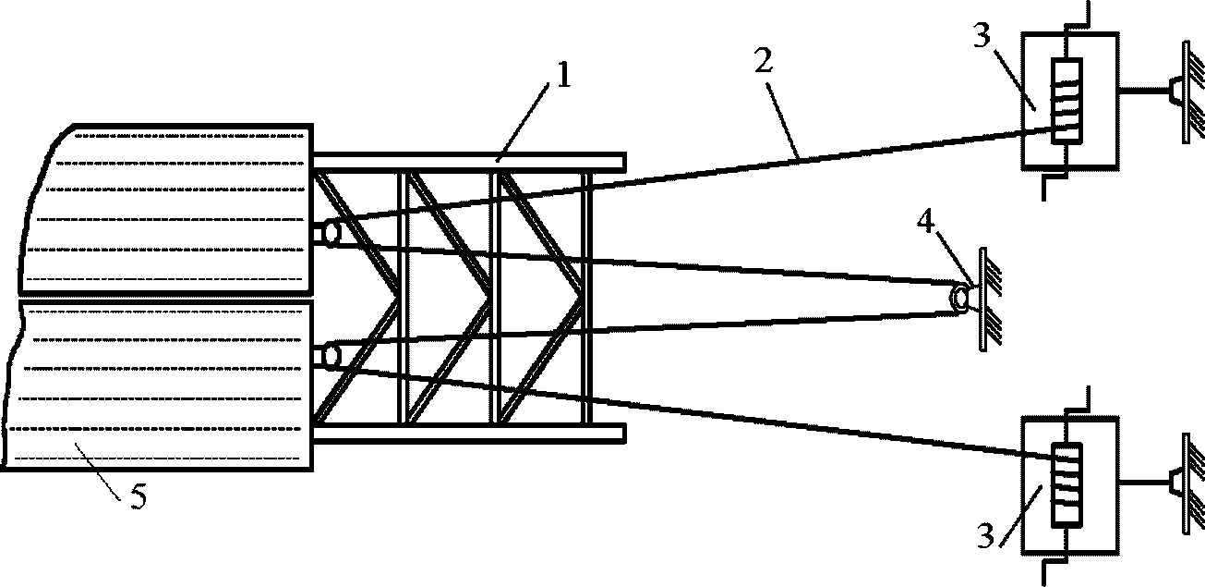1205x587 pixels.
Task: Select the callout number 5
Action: pyautogui.click(x=139, y=496)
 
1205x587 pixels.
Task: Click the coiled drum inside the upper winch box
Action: pyautogui.click(x=1066, y=101)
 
